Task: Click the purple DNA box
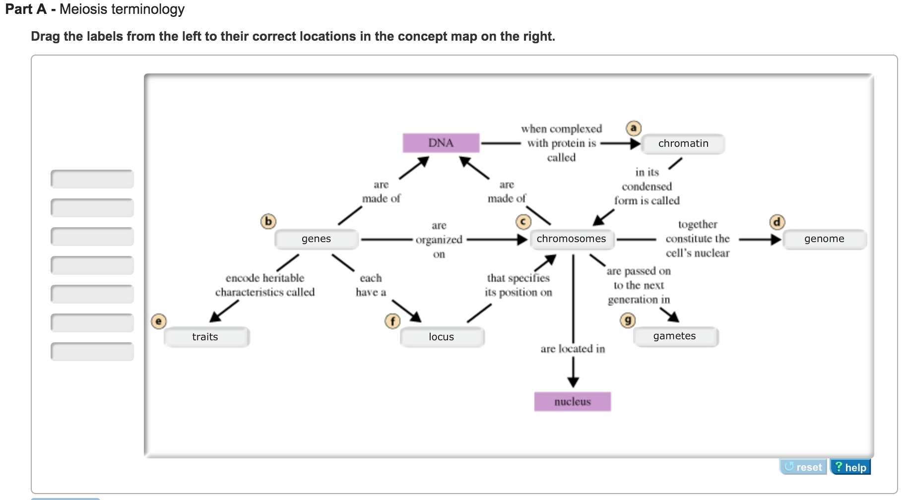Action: tap(441, 143)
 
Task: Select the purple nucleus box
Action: tap(572, 402)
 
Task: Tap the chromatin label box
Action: tap(683, 144)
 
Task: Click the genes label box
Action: tap(317, 239)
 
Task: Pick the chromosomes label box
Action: tap(572, 239)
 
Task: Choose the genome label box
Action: tap(824, 239)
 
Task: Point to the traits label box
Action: tap(205, 337)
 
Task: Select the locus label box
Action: tap(442, 337)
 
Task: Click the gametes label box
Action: tap(675, 336)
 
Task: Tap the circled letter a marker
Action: tap(633, 128)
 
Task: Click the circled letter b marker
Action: tap(268, 221)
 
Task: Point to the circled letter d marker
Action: tap(777, 222)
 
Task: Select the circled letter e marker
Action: tap(158, 321)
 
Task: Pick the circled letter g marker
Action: tap(628, 320)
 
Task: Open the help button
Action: tap(850, 467)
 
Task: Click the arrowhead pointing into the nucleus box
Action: tap(573, 382)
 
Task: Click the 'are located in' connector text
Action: tap(573, 349)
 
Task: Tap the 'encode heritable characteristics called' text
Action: tap(265, 285)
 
